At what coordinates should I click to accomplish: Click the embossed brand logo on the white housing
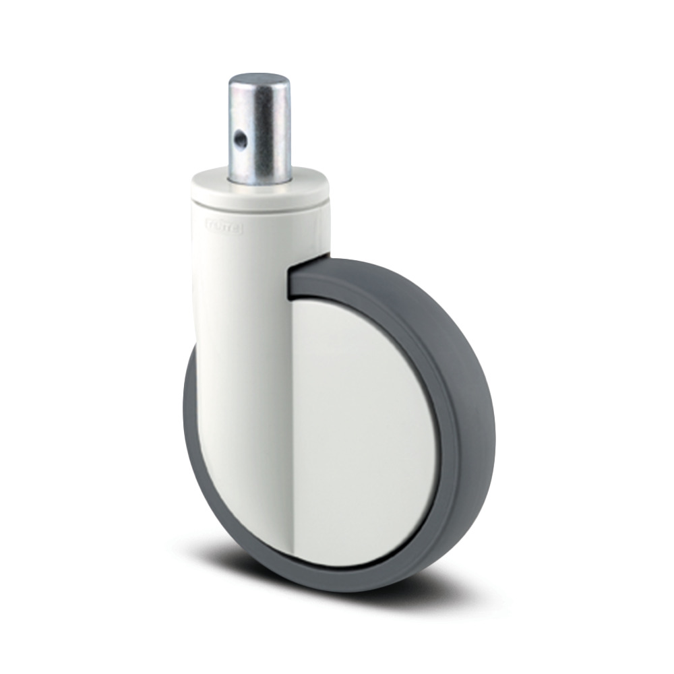[226, 229]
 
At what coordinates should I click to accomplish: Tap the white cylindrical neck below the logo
[243, 270]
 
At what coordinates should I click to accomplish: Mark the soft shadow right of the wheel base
[458, 586]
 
